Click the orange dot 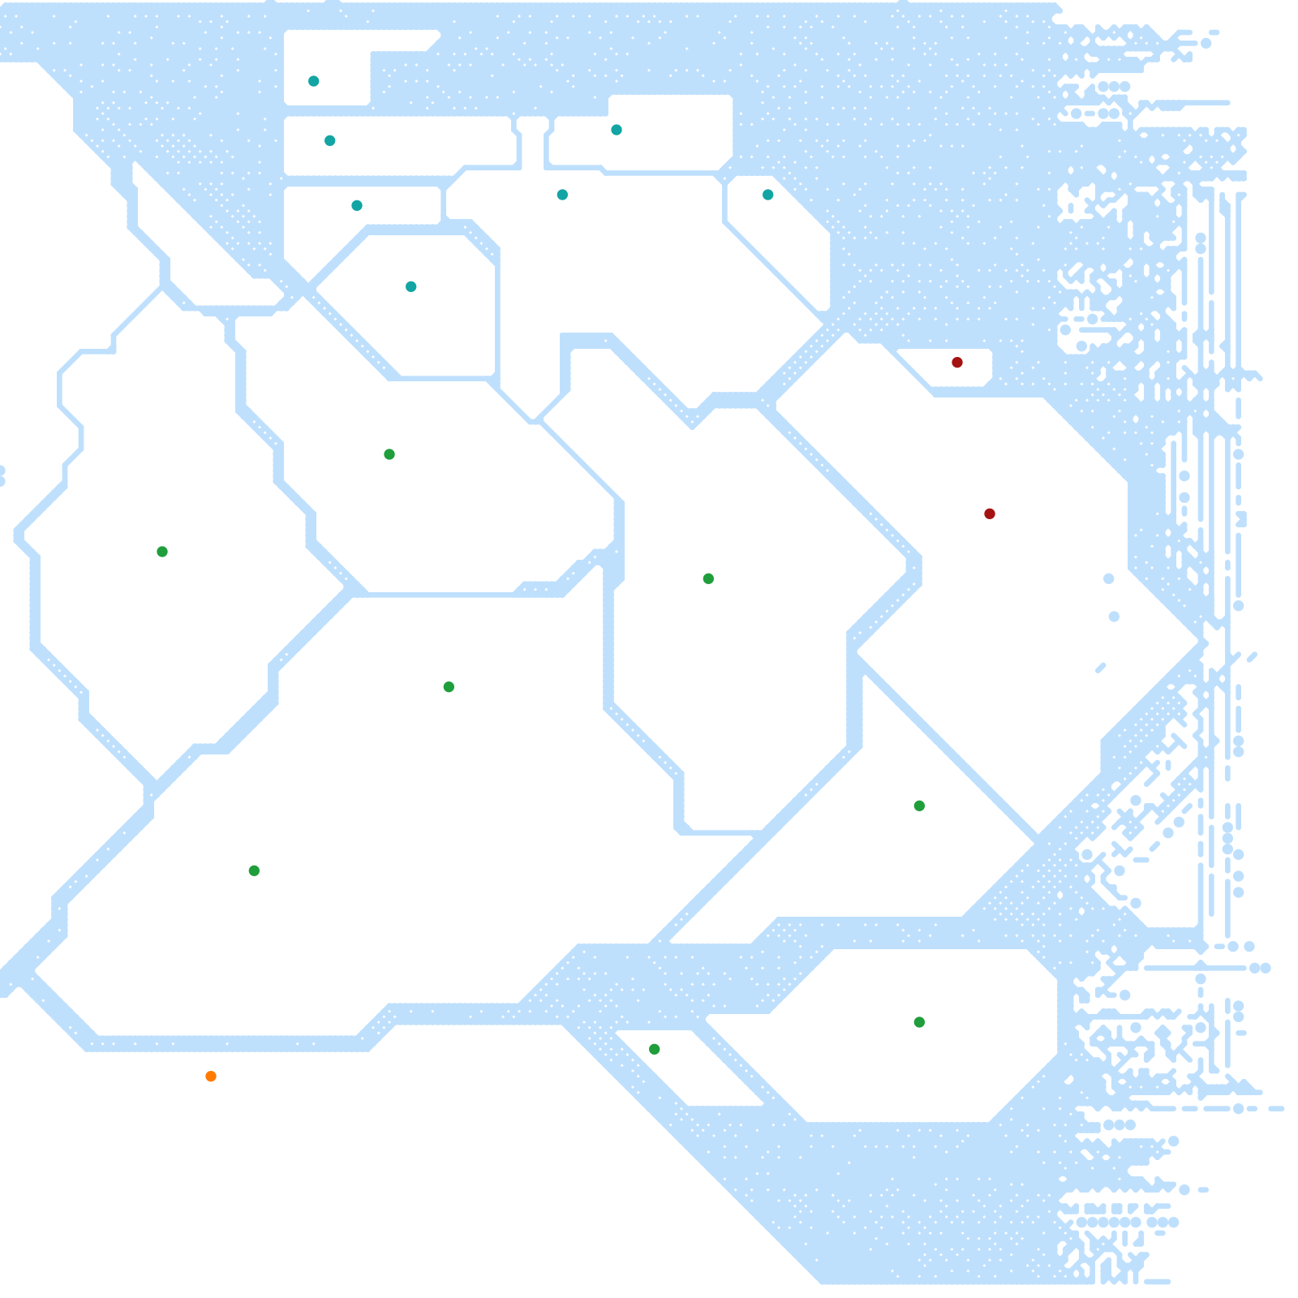[211, 1077]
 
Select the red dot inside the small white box [957, 362]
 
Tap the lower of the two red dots [990, 514]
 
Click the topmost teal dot [314, 81]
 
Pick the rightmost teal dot [768, 195]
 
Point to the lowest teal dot [411, 286]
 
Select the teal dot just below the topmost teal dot [330, 140]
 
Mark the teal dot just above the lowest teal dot [357, 205]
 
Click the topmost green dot [389, 454]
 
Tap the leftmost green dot [162, 552]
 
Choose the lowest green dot [655, 1049]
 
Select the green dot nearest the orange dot [254, 870]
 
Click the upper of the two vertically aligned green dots [919, 806]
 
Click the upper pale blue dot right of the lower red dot [1109, 578]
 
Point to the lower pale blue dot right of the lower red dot [1114, 617]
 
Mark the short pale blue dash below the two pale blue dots [1101, 668]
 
